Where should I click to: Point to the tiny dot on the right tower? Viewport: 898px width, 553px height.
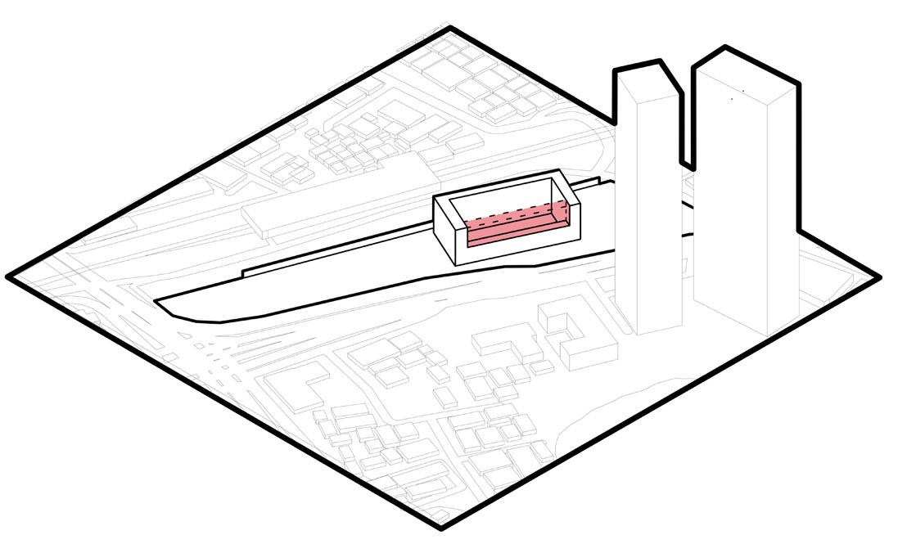click(732, 98)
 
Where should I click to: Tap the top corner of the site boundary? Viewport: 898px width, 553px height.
click(450, 29)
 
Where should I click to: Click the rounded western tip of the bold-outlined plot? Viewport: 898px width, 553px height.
click(164, 302)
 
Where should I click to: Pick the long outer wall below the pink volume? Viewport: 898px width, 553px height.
click(524, 249)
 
